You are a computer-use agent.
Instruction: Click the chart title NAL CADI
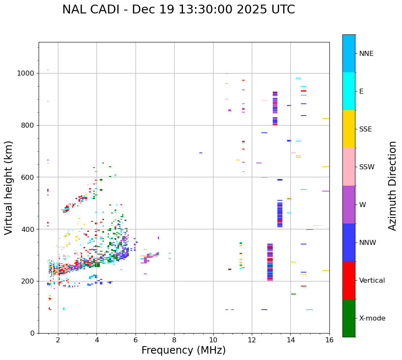[178, 10]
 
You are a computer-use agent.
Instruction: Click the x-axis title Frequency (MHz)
[183, 350]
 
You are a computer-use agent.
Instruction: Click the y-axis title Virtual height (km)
[9, 187]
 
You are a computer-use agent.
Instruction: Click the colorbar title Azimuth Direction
[392, 185]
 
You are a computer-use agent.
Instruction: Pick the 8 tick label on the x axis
[174, 340]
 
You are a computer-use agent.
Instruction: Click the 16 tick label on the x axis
[329, 340]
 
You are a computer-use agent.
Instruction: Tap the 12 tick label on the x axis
[252, 340]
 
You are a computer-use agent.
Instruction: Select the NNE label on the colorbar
[366, 54]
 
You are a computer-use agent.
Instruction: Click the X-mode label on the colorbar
[372, 318]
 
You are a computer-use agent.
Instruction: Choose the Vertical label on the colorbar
[372, 281]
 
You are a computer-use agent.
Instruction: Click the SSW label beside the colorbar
[366, 167]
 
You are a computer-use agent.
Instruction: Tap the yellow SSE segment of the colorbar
[349, 129]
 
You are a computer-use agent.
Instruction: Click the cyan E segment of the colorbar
[349, 91]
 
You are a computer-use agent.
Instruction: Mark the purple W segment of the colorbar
[349, 205]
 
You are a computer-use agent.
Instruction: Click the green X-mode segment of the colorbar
[349, 318]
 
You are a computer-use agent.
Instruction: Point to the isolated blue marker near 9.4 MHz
[201, 153]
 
